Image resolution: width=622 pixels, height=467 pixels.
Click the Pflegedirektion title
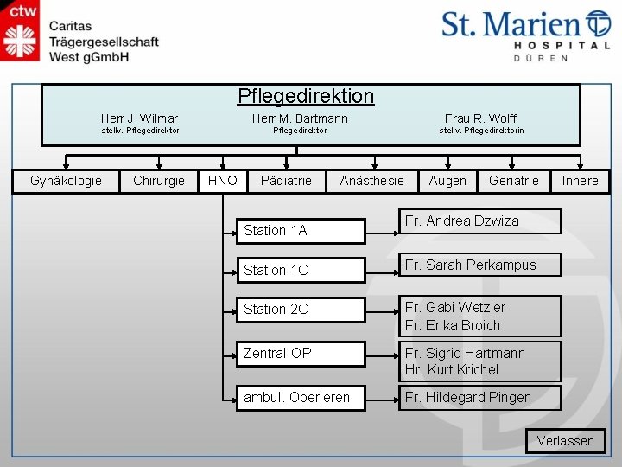[306, 96]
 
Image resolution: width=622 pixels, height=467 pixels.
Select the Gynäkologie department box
[66, 181]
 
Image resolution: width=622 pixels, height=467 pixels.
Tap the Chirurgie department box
[159, 181]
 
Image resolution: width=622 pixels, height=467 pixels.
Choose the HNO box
[223, 181]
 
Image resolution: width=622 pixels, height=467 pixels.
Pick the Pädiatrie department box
[286, 181]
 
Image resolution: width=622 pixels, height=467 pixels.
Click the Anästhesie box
[371, 181]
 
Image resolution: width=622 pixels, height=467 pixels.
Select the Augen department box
[447, 181]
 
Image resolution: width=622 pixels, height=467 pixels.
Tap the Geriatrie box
[513, 181]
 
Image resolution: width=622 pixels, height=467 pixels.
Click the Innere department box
[580, 181]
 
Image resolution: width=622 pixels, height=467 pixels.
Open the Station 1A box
[301, 231]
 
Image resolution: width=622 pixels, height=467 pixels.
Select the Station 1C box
[301, 270]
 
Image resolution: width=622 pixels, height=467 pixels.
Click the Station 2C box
[301, 309]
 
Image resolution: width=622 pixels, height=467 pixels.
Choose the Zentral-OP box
[301, 353]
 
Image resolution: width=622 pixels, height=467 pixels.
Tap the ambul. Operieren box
[301, 397]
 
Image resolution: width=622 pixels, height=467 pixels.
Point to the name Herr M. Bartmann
[300, 118]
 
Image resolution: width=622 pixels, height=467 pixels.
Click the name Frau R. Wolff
[480, 118]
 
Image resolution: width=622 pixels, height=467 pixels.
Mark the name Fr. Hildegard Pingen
[467, 397]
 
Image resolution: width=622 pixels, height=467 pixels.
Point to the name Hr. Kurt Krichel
[451, 369]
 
